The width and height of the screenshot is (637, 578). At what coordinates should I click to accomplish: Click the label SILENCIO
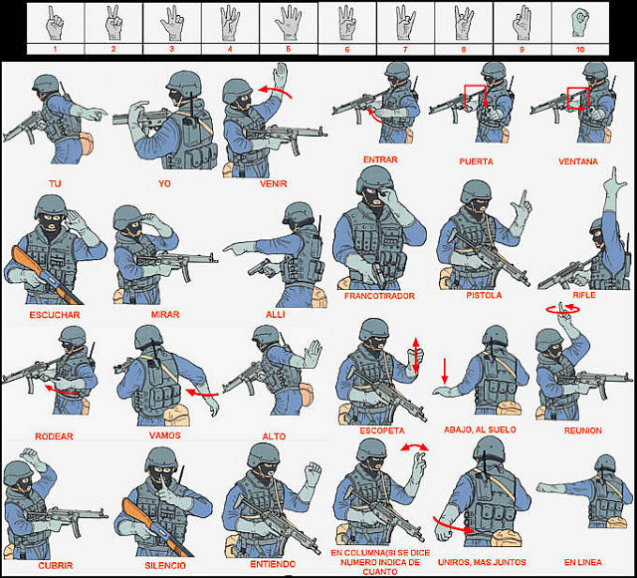[x=165, y=565]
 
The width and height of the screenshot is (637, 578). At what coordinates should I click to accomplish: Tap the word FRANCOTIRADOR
[x=379, y=296]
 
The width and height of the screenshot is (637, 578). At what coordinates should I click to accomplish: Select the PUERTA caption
[x=476, y=161]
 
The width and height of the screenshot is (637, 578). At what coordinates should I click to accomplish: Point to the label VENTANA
[x=578, y=161]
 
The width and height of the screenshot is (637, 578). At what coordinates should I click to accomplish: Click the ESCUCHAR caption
[x=55, y=315]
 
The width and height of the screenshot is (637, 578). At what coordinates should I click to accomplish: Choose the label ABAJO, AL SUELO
[x=480, y=430]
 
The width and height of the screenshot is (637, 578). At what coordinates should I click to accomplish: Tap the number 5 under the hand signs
[x=288, y=49]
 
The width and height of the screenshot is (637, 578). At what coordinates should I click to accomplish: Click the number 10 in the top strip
[x=580, y=49]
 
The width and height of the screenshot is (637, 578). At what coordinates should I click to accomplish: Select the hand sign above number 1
[x=55, y=23]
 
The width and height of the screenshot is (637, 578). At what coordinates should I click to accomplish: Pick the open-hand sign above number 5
[x=288, y=23]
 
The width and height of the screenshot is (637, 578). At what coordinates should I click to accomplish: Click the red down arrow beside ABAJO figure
[x=445, y=371]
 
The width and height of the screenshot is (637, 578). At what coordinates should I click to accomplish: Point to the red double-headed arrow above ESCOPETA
[x=416, y=355]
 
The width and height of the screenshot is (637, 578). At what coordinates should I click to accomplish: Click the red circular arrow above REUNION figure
[x=562, y=309]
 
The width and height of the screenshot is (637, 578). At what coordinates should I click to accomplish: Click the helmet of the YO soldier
[x=184, y=84]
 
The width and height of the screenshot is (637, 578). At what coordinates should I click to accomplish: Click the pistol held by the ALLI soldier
[x=262, y=268]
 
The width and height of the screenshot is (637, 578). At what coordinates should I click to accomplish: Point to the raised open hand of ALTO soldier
[x=312, y=354]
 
